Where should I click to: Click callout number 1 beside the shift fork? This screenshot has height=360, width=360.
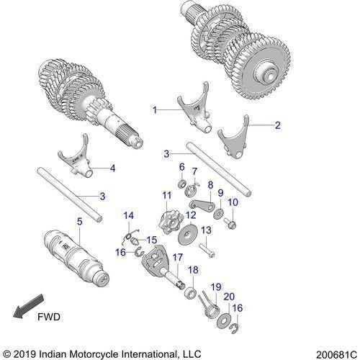[x=153, y=109]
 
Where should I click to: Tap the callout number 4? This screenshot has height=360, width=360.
[x=112, y=168]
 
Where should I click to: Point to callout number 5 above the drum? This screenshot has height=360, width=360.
[x=79, y=221]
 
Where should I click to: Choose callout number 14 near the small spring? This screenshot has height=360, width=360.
[x=129, y=215]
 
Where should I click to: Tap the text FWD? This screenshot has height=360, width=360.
[x=48, y=315]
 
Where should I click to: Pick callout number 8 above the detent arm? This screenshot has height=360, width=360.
[x=210, y=185]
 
